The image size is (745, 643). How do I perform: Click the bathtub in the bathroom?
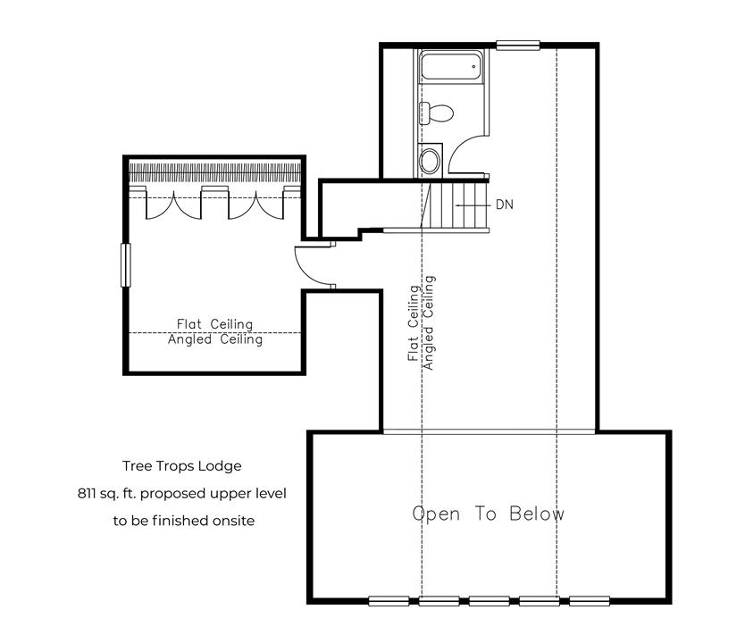(x=450, y=66)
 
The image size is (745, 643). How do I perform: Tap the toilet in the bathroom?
(x=436, y=113)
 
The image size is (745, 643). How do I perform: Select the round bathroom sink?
(x=430, y=160)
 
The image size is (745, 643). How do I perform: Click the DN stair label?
(x=505, y=205)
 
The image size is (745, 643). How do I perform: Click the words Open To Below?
(x=488, y=514)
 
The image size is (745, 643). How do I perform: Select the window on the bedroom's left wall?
(x=125, y=265)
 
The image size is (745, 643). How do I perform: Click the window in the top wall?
(x=518, y=46)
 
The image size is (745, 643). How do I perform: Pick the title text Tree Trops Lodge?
(x=182, y=466)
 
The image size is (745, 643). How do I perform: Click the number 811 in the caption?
(x=86, y=493)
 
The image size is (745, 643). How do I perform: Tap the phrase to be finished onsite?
(x=184, y=521)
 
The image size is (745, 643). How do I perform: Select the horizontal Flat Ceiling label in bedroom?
(x=214, y=324)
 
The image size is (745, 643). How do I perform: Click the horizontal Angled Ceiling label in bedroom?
(x=215, y=340)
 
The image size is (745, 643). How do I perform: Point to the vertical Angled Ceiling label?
(x=429, y=323)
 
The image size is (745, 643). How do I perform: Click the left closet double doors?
(x=173, y=205)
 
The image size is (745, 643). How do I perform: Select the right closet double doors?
(x=256, y=205)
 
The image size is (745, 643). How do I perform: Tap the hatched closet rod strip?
(x=214, y=173)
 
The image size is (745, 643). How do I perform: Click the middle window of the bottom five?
(x=490, y=601)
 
